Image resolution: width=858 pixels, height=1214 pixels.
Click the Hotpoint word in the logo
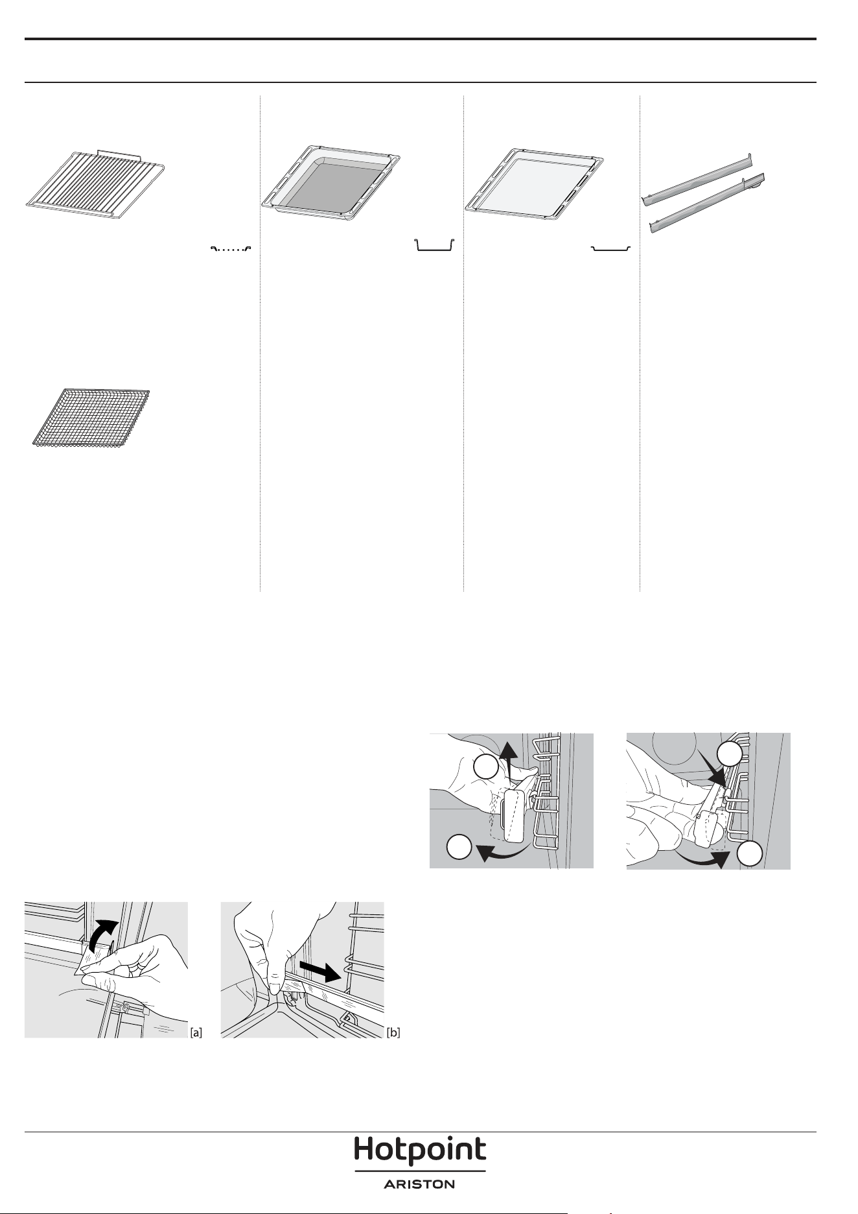point(420,1150)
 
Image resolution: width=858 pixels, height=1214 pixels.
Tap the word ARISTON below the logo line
point(420,1184)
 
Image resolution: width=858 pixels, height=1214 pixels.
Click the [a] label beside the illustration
point(196,1032)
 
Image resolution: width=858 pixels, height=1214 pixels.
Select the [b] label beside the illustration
point(393,1032)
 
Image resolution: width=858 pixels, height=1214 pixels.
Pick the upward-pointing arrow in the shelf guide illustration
point(509,765)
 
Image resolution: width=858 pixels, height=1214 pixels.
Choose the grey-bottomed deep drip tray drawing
point(330,182)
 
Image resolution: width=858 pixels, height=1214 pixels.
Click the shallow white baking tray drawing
point(535,182)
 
